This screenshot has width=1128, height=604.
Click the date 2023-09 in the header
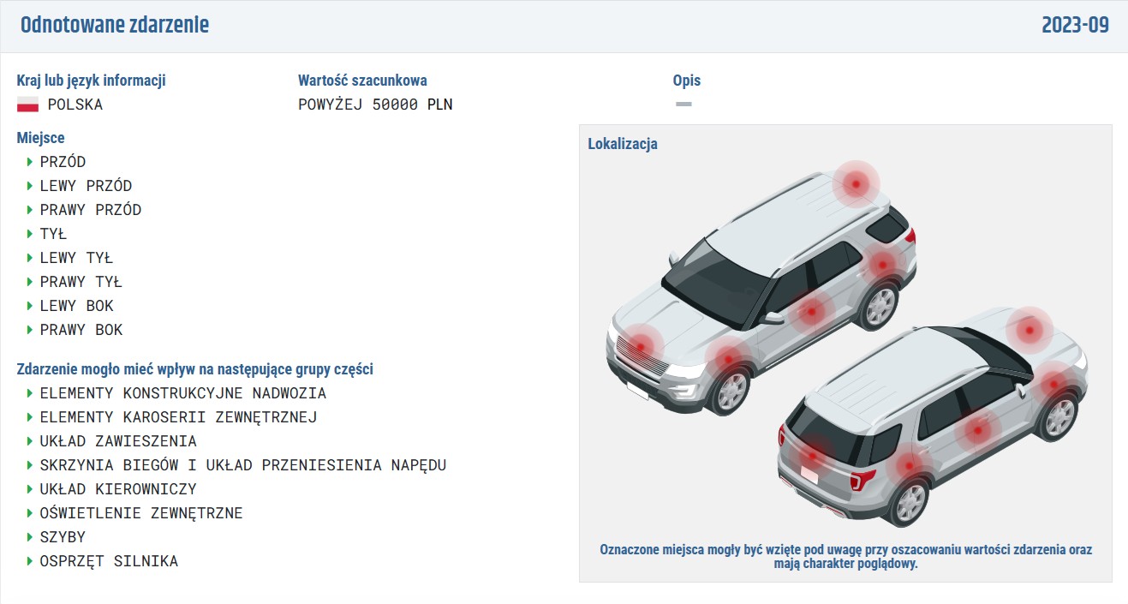coord(1075,25)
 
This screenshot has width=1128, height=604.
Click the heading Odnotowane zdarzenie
coord(114,25)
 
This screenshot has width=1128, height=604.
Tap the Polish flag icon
coord(27,105)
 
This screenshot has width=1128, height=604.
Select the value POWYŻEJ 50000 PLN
coord(375,105)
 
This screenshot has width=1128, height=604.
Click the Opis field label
coord(686,80)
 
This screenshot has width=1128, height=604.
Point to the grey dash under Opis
coord(683,104)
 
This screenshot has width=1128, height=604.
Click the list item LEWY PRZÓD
coord(86,186)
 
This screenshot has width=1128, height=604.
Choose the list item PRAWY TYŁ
coord(81,282)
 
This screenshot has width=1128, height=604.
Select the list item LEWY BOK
coord(76,306)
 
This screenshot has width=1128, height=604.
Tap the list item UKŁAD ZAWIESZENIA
coord(118,441)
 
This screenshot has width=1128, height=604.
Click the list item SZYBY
coord(63,537)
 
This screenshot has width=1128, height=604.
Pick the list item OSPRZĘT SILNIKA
coord(109,561)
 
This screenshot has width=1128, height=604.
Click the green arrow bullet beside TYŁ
coord(30,234)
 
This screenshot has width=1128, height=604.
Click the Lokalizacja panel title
coord(623,144)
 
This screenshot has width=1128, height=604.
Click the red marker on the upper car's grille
coord(641,347)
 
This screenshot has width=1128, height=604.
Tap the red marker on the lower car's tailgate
coord(812,457)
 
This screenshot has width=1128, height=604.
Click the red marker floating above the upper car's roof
coord(856,184)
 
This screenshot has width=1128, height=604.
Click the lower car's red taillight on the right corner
coord(862,479)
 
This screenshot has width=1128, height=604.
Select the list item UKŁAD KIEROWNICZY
coord(118,489)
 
